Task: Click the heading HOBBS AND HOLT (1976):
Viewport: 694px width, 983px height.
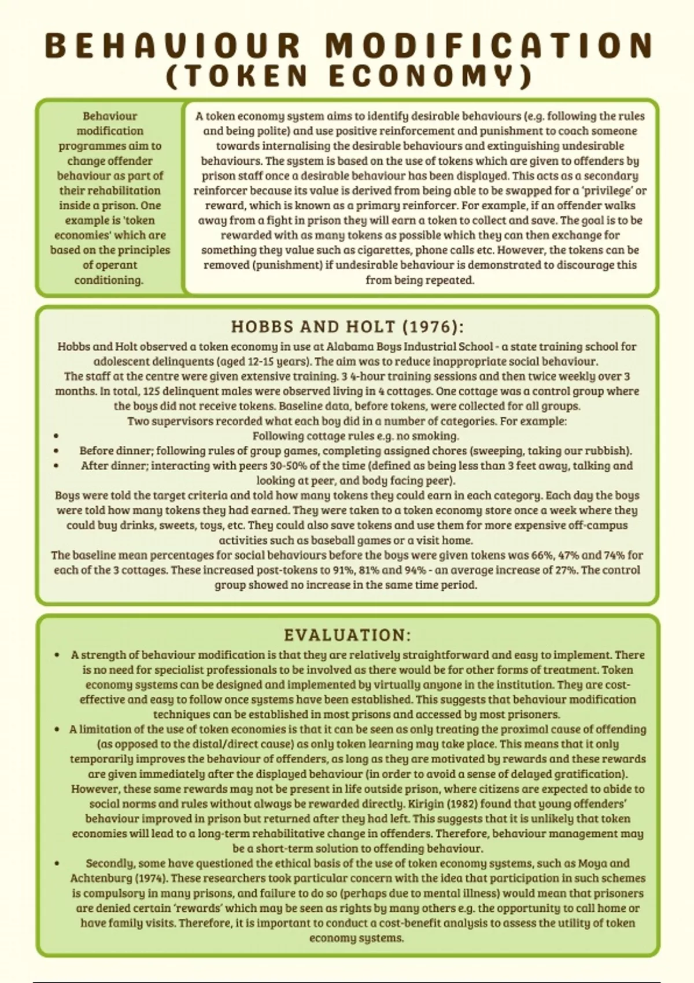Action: pos(347,327)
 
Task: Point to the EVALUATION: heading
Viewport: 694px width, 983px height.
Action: pos(347,635)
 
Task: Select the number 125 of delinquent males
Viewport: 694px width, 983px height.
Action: pos(153,391)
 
